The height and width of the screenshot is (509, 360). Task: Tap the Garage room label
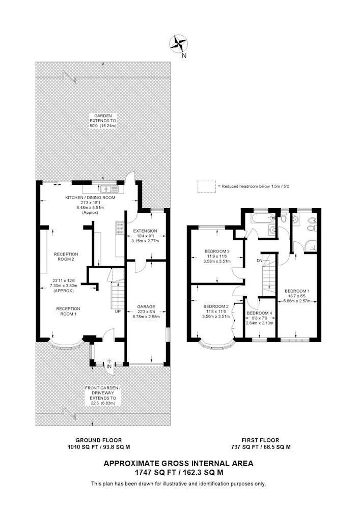tap(146, 306)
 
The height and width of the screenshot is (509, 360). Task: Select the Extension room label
tap(145, 231)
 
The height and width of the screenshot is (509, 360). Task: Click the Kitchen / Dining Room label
tap(90, 197)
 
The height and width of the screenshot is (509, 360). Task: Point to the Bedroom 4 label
tap(259, 313)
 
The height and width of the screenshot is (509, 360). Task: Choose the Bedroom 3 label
tap(217, 251)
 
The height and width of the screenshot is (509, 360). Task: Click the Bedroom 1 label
tap(297, 291)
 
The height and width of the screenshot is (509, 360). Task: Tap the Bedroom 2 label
tap(216, 306)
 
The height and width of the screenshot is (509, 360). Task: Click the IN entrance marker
tap(109, 366)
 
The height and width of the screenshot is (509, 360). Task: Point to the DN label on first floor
tap(259, 261)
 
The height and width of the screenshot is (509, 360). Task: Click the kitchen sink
tap(106, 189)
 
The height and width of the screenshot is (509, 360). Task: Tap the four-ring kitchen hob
tap(119, 228)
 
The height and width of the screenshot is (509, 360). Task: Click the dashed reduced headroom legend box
tap(206, 187)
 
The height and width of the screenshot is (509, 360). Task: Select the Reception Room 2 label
tap(66, 257)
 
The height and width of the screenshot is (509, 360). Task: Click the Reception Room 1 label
tap(68, 311)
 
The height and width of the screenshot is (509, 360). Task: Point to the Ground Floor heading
tap(99, 440)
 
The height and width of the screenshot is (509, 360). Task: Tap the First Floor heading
tap(260, 440)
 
